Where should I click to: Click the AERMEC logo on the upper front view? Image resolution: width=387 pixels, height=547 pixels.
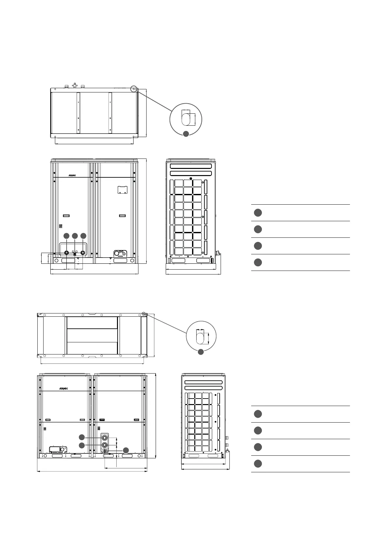pos(72,175)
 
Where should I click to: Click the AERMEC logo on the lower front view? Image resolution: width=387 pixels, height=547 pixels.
pos(64,388)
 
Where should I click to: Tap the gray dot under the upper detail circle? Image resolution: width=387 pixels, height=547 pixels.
pos(186,134)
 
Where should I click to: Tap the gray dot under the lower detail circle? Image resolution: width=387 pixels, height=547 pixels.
pos(201,351)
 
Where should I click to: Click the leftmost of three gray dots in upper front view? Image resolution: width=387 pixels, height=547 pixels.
pos(66,236)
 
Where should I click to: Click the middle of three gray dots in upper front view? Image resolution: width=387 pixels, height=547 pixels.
pos(75,236)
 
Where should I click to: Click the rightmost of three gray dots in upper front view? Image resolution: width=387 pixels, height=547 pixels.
pos(84,236)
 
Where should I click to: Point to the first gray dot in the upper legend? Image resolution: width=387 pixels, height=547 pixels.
pos(258,213)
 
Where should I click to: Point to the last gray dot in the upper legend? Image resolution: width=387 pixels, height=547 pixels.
pos(258,262)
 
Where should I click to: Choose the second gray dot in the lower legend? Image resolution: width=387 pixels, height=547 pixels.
pos(258,430)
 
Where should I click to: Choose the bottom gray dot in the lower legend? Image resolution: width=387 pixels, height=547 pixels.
pos(258,464)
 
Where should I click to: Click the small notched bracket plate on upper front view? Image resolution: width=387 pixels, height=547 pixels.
pos(122,190)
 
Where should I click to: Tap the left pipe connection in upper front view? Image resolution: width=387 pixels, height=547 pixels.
pos(66,253)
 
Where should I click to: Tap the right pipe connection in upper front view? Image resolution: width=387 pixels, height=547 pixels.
pos(83,253)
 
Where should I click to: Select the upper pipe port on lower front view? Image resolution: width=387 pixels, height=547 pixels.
pos(105,438)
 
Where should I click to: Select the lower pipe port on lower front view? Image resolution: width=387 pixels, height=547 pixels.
pos(105,445)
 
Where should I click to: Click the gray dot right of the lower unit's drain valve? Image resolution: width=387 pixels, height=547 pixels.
pos(126,450)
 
